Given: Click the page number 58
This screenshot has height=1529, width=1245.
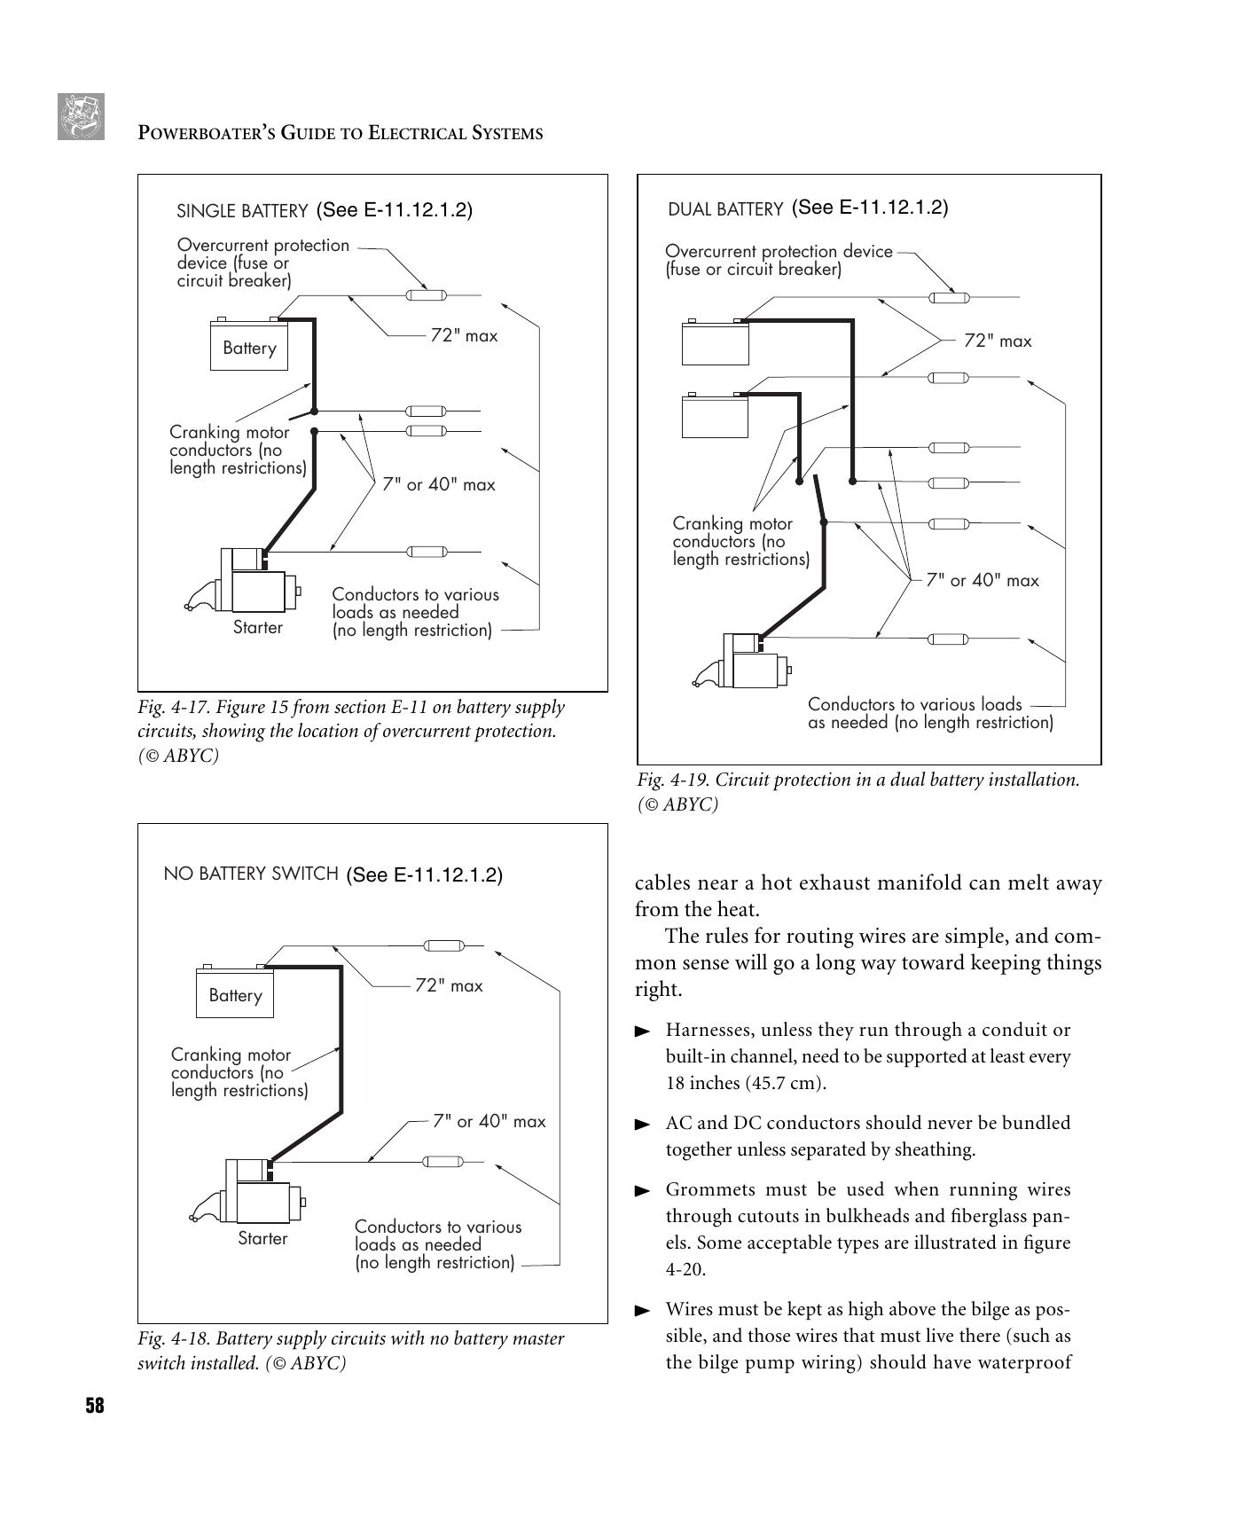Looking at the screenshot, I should pos(94,1405).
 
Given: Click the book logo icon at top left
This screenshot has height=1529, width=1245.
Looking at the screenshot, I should pos(81,116).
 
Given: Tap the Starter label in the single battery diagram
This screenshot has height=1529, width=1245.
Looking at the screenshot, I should pos(257,628).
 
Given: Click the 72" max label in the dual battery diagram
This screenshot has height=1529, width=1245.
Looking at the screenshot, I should pos(998,341).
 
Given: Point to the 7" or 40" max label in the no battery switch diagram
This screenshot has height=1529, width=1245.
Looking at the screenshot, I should pos(489,1121).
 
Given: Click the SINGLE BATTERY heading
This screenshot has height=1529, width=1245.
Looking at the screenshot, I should pos(242,211).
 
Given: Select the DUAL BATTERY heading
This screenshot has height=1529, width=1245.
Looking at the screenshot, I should pos(725,209).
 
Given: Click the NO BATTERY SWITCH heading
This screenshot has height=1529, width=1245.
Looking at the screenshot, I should pos(251,874).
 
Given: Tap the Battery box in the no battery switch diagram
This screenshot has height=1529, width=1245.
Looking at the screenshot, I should pos(235,995).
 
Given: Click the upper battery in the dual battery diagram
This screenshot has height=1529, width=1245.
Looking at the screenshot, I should pos(715,342).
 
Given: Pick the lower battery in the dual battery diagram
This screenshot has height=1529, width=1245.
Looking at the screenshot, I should pos(715,416).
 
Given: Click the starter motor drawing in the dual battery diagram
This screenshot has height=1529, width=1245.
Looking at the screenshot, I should pos(745,661).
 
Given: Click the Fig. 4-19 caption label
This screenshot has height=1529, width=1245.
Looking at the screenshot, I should pos(672,780).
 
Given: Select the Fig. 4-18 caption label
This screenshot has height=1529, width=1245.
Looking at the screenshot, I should pos(173,1338).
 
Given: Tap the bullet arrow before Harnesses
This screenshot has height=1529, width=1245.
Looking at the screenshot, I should pos(643,1031).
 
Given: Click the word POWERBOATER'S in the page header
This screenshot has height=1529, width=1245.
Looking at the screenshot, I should pos(205,134).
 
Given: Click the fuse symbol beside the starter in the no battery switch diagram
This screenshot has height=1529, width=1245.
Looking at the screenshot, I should pos(440,1161).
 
